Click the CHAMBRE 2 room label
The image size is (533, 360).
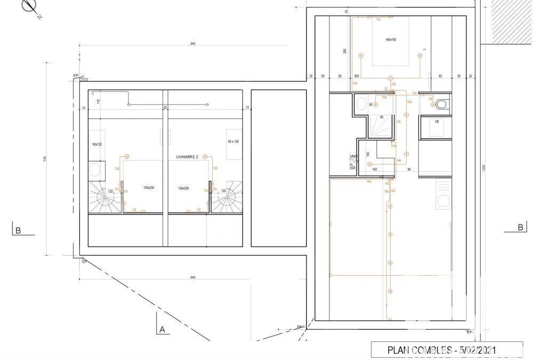187,157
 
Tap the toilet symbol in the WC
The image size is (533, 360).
441,105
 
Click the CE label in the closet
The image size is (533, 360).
437,122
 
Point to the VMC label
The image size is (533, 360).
353,156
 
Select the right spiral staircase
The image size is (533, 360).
228,198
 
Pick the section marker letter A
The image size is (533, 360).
161,330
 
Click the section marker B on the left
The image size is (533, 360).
18,231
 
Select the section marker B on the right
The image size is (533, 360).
520,228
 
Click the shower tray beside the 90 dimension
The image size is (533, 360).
382,126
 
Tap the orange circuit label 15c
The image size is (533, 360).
378,19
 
